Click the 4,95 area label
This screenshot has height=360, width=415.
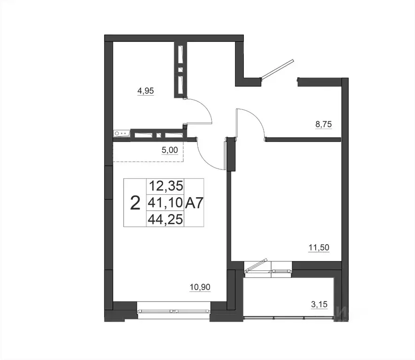[x=146, y=91]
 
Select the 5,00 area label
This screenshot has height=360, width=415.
[x=169, y=151]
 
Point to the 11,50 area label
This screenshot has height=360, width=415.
[x=318, y=247]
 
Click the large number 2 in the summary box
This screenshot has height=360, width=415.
[x=135, y=203]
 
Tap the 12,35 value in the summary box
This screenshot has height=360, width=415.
[x=165, y=186]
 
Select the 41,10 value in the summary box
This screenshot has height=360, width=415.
[x=165, y=203]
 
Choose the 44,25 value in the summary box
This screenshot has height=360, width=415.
[x=165, y=219]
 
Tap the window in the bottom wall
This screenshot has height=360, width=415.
[x=174, y=311]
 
